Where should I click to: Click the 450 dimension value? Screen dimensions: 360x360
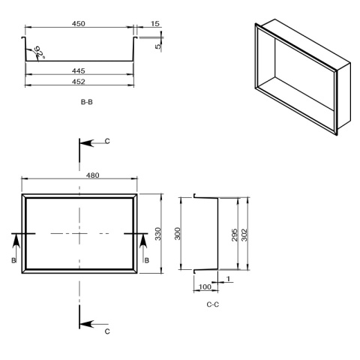click(x=79, y=24)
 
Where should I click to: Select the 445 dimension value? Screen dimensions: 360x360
click(x=79, y=71)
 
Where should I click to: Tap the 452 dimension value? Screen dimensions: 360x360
click(x=79, y=82)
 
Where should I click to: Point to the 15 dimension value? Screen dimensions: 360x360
click(x=155, y=24)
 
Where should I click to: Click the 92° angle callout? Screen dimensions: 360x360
click(x=40, y=52)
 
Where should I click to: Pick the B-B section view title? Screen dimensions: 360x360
click(x=87, y=102)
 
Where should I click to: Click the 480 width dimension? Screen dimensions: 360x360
click(x=92, y=175)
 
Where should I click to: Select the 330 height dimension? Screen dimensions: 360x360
click(x=158, y=234)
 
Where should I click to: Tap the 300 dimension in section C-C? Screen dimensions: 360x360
click(x=177, y=234)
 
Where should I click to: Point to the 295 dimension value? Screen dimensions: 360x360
click(x=235, y=235)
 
